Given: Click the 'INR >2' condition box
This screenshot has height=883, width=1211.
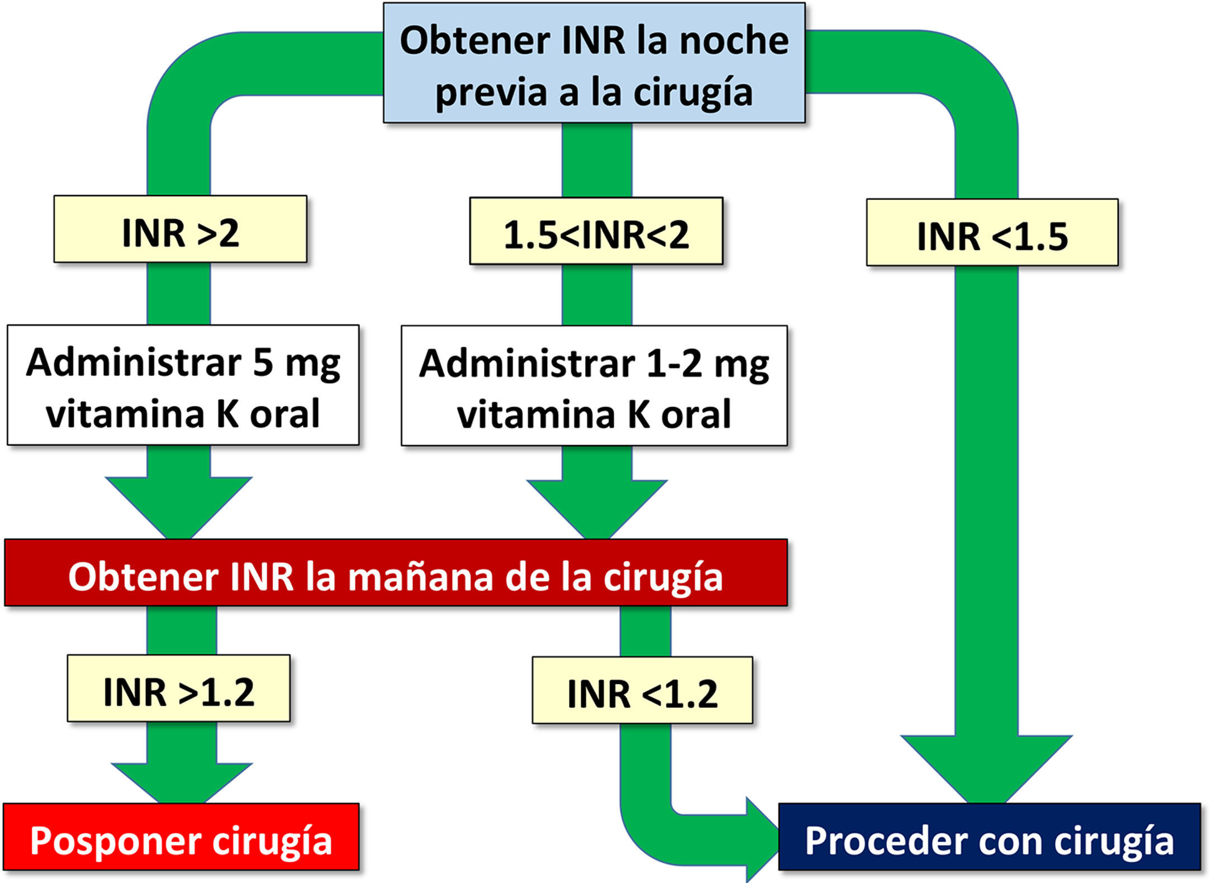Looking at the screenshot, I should point(180,229).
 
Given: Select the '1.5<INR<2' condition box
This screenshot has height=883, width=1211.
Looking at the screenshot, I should point(596,231).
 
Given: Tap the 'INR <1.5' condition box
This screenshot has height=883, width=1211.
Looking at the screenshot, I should point(992,233).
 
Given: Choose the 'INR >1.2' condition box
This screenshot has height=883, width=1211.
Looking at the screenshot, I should point(178,688).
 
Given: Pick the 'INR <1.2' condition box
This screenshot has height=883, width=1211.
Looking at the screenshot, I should point(642,691).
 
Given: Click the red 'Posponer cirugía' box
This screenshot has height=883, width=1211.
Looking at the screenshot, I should point(181,837).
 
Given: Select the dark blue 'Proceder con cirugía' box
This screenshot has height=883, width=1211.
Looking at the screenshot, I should point(989,837).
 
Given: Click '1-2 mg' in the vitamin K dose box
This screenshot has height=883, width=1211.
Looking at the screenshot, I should point(707,363).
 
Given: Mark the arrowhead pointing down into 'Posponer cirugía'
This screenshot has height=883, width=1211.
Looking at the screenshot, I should point(181,783).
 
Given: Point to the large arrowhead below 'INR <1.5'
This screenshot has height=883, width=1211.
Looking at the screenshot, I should point(986,766).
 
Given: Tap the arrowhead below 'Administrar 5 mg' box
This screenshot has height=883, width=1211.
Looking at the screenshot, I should point(179,506).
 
